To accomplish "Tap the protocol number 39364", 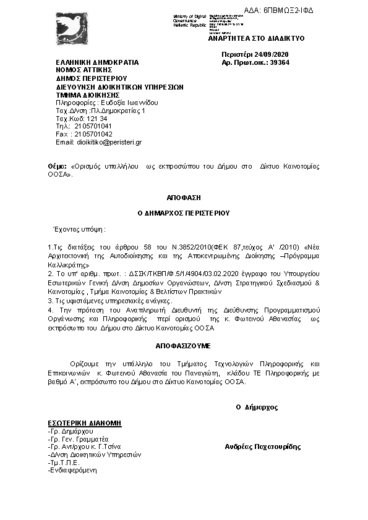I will click(x=279, y=62).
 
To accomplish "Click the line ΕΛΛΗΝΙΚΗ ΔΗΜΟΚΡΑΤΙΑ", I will click(x=97, y=63).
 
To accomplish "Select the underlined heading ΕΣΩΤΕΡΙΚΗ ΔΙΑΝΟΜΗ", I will click(x=84, y=422).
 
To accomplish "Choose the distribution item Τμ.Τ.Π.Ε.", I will click(x=64, y=462).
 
